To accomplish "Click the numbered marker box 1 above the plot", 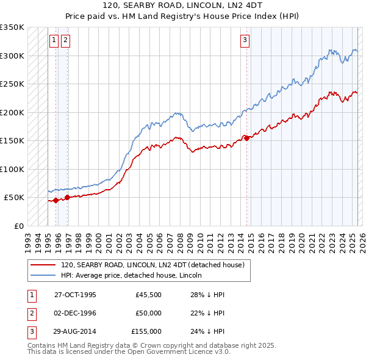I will click(54, 41).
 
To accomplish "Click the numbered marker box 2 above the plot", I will click(65, 41).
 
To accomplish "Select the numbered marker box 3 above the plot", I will click(245, 41).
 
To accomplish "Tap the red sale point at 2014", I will click(247, 138).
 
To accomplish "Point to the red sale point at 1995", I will click(56, 200).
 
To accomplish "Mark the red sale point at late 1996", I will click(67, 197).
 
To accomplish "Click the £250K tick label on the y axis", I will click(12, 84).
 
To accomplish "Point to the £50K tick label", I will click(15, 198).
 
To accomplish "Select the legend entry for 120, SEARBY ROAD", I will click(152, 265).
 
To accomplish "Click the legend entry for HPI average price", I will click(135, 275).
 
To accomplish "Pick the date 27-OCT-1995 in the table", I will click(75, 295).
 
